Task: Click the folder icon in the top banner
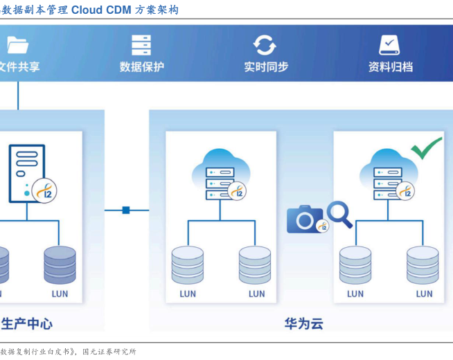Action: point(17,45)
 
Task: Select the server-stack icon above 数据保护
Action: point(141,45)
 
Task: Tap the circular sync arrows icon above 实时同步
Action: point(265,45)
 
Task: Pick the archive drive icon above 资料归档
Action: point(389,45)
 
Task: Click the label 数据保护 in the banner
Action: point(141,67)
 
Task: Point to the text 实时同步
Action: point(265,67)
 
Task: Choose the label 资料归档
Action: point(390,67)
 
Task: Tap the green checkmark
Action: point(426,147)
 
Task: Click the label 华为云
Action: point(303,324)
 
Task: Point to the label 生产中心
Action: point(26,324)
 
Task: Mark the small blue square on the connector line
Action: point(126,210)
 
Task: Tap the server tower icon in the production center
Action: point(26,173)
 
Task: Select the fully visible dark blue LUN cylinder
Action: point(60,265)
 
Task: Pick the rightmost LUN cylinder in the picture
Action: point(423,265)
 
